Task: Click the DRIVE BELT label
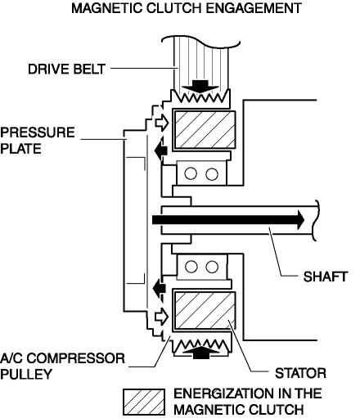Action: [x=66, y=69]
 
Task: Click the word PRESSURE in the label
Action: [x=38, y=133]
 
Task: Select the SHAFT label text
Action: [x=325, y=276]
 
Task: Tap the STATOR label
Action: [x=300, y=373]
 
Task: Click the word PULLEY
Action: [x=26, y=375]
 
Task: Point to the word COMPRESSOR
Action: [x=76, y=358]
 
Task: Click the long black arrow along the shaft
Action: [x=228, y=220]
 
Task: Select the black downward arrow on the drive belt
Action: [x=200, y=87]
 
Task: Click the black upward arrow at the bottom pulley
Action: [x=200, y=353]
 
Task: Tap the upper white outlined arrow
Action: [x=162, y=123]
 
